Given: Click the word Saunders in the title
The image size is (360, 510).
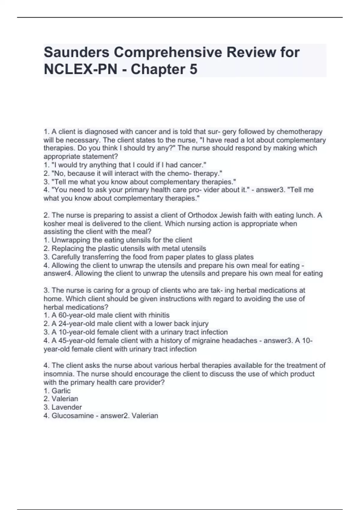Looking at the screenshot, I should (x=76, y=53).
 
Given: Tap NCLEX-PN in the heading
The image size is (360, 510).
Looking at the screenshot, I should (x=80, y=70).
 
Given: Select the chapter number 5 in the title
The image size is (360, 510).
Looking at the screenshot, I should (x=193, y=70).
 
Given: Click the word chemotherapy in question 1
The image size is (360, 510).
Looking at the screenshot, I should (x=299, y=132).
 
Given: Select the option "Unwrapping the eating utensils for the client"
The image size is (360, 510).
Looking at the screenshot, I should (x=121, y=240).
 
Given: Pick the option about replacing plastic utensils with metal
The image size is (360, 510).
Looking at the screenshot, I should (x=128, y=249).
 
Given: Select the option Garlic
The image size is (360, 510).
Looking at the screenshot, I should (x=61, y=391).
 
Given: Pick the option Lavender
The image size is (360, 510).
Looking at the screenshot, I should (x=66, y=407).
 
